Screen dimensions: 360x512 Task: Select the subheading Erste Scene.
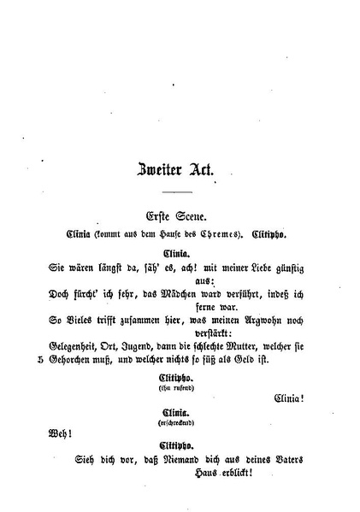point(180,216)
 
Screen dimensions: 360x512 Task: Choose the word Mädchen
point(180,292)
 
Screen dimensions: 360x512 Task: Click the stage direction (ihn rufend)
point(180,386)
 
